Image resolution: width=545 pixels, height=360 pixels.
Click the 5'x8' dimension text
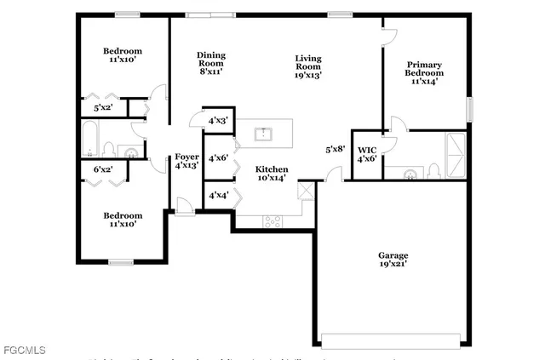336,150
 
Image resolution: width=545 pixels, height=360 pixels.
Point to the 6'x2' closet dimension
103,170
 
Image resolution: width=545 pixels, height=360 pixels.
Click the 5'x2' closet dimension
103,107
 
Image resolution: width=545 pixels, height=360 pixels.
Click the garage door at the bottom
394,341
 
